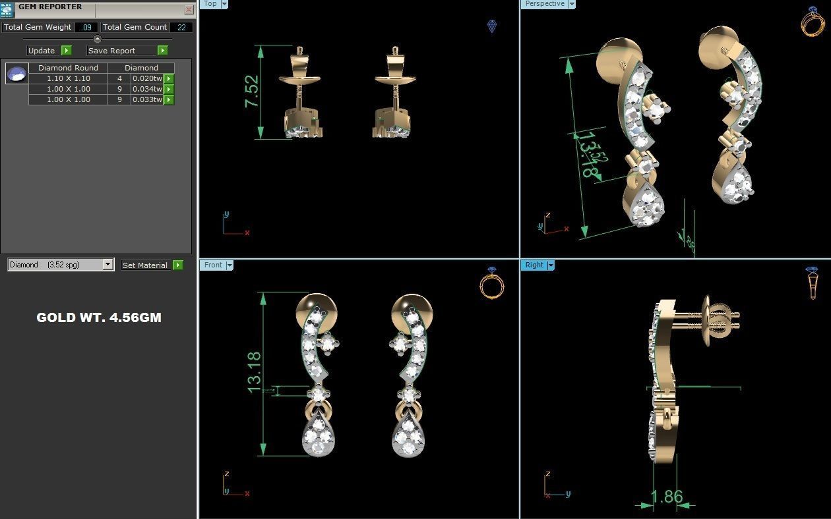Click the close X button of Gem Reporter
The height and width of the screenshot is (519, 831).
[189, 10]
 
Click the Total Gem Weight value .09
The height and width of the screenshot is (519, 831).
[86, 28]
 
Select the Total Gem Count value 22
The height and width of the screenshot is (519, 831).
[181, 28]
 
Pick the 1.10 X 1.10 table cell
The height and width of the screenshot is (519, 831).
[68, 78]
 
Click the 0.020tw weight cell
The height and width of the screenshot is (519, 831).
[146, 78]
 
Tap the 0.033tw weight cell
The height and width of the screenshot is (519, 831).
[146, 99]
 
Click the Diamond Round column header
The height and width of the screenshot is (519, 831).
[68, 68]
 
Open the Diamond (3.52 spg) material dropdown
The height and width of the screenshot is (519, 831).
[108, 265]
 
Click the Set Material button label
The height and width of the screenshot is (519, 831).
[144, 265]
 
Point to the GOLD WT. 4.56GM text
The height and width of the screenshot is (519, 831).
[98, 317]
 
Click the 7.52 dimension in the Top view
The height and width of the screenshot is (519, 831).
[252, 92]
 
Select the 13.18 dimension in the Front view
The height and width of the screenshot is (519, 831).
[255, 373]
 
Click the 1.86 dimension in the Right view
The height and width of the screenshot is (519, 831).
[666, 497]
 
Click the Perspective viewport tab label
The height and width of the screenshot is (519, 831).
[544, 4]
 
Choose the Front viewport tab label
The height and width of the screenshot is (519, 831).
[213, 265]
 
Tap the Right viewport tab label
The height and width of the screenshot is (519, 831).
[534, 265]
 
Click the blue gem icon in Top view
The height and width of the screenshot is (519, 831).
[492, 26]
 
